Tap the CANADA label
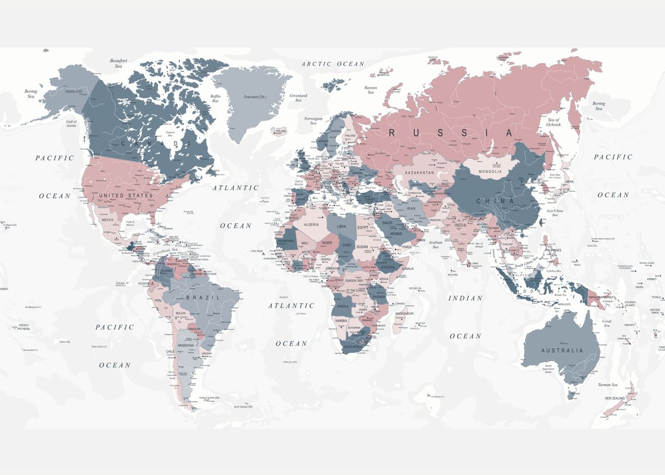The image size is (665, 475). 152,144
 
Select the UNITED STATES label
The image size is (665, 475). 126,196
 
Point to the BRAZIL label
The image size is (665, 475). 198,297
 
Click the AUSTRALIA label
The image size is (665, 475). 562,350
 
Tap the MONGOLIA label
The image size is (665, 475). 490,172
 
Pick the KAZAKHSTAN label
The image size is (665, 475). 419,173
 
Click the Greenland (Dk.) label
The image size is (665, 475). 255,97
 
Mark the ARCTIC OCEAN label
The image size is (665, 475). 333,64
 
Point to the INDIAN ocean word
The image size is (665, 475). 465,298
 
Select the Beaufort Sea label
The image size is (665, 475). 119,63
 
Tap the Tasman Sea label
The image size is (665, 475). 608,385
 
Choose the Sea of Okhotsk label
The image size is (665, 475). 554,122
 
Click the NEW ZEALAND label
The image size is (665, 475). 615,399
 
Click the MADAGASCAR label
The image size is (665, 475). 405,314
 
